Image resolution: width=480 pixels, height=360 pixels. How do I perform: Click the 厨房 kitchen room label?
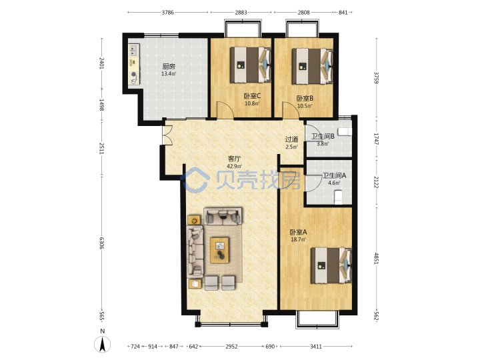coord(169,66)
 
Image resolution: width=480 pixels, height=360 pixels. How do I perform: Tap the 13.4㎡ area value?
coord(169,74)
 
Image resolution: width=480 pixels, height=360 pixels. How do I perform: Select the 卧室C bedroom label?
coord(252,96)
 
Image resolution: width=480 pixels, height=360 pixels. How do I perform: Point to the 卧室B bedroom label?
coord(305,99)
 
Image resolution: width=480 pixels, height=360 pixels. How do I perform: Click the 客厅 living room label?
coord(234,159)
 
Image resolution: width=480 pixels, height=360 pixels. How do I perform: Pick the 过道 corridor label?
coord(291,139)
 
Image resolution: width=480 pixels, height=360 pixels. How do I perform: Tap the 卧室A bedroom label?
coord(298,232)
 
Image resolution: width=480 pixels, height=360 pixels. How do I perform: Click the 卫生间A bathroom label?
coord(334,175)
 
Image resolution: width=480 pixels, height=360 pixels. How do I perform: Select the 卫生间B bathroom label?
coord(323,136)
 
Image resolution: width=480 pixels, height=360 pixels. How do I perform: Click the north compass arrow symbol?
coord(103,344)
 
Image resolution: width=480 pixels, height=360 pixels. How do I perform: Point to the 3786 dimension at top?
coord(168,13)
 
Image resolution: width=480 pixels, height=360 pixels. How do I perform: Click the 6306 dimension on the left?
coord(102,243)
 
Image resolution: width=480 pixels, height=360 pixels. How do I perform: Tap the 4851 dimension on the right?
coord(376,258)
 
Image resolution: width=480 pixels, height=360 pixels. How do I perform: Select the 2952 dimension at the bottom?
coord(231,347)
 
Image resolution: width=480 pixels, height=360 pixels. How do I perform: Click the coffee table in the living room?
coord(220,250)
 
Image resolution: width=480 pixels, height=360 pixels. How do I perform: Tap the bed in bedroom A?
coord(331,265)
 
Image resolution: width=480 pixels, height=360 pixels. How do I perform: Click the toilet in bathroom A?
coord(338,197)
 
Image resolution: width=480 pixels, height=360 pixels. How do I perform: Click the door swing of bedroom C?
coord(225,109)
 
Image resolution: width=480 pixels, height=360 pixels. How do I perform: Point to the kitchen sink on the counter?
coord(134,50)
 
